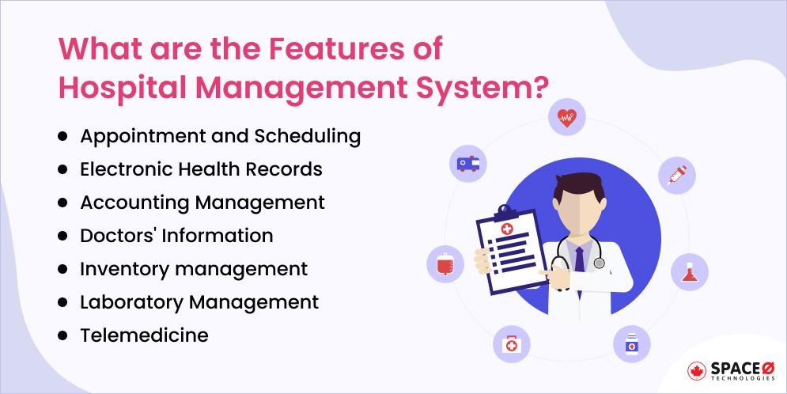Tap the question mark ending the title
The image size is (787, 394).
[540, 85]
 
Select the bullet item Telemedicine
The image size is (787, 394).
[144, 335]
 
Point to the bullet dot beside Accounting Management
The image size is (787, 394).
[62, 203]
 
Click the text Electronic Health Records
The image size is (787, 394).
[201, 169]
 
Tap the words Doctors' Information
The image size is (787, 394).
[176, 235]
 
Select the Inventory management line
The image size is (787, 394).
[194, 268]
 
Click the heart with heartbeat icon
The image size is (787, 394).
[567, 119]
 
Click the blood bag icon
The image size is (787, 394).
[445, 263]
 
